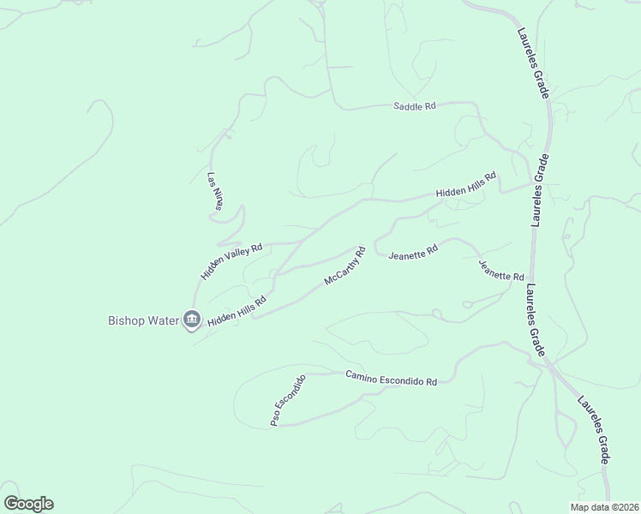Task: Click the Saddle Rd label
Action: tap(415, 106)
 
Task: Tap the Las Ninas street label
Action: tap(214, 192)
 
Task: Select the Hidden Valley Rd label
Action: tap(231, 260)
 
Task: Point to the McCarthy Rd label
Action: tap(345, 266)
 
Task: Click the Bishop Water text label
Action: tap(142, 321)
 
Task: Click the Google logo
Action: tap(28, 504)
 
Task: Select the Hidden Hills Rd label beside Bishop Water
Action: tap(237, 310)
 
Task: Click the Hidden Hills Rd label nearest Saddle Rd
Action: tap(466, 186)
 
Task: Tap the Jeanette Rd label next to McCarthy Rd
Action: tap(413, 254)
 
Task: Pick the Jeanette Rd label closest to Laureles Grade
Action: tap(501, 272)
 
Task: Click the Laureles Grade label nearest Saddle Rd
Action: tap(532, 63)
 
